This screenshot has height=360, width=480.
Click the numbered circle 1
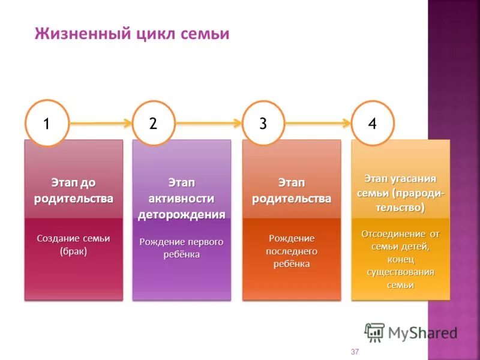point(47,123)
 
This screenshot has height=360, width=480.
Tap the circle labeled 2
point(154,123)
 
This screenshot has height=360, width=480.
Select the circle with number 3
point(263,123)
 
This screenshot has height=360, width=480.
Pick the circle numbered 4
point(373,123)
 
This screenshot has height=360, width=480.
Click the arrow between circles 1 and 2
point(100,124)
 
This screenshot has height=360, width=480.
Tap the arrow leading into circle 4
point(318,124)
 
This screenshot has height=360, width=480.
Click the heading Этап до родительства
point(73,190)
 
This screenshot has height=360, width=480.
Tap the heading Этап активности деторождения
point(182,198)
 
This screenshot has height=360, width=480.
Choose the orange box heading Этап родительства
point(292,190)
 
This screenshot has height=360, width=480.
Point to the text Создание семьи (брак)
point(73,245)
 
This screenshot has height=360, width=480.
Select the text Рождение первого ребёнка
point(182,248)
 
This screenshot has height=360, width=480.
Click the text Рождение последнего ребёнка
point(292,251)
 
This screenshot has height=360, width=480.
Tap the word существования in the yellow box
point(400,272)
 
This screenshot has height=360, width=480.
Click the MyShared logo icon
point(374,332)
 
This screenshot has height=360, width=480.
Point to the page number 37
point(355,352)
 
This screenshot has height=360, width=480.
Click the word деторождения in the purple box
point(182,214)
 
